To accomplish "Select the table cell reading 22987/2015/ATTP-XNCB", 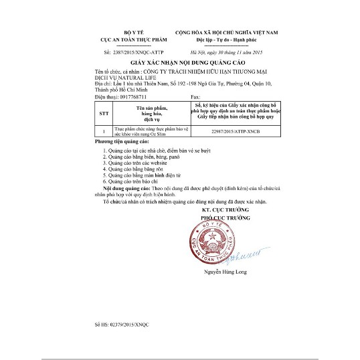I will pos(236,132).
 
